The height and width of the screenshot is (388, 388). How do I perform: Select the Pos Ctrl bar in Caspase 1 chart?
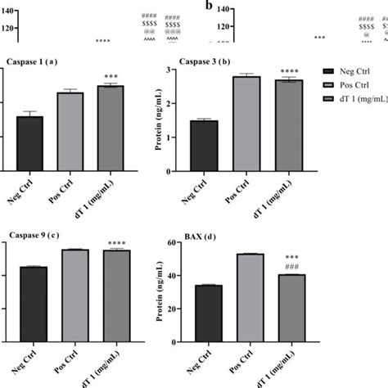coord(71,131)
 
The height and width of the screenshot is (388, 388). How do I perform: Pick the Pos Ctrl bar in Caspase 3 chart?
coord(246,124)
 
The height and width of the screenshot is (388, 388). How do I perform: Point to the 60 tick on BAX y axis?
coord(173,243)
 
